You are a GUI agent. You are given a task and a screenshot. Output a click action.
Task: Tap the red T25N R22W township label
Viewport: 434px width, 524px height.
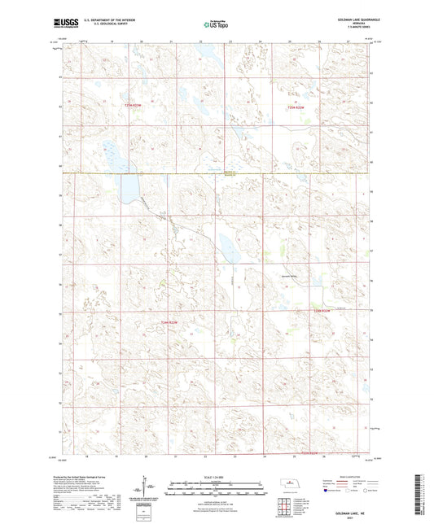(x=300, y=107)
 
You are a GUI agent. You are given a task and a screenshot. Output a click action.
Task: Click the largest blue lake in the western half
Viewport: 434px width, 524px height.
(x=128, y=190)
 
